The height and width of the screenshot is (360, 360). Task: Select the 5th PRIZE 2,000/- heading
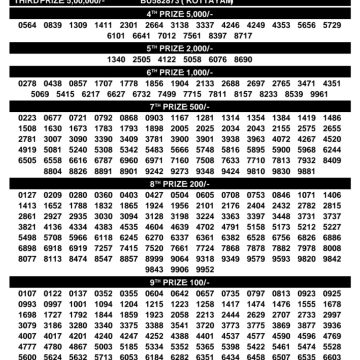coord(180,46)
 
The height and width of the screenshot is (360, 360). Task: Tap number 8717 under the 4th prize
coord(250,36)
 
